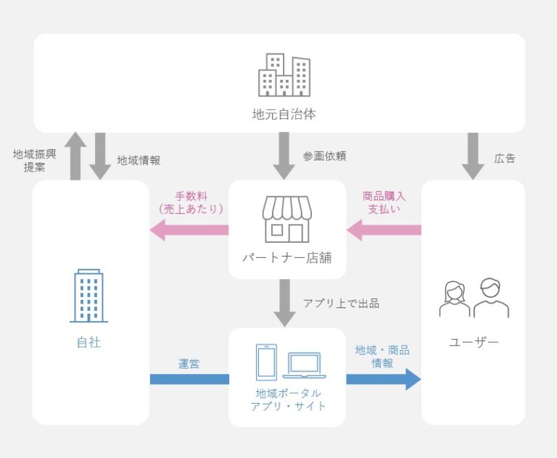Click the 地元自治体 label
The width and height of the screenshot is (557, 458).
(284, 114)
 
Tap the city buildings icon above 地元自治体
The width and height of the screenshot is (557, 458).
(284, 75)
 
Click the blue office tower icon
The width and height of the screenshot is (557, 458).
(88, 296)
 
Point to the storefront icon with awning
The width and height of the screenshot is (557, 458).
(286, 219)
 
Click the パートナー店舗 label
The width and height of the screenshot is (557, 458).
(286, 257)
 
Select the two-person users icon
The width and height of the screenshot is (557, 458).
(474, 298)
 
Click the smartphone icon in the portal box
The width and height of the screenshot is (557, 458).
(266, 360)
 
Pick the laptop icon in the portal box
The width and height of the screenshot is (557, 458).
(305, 365)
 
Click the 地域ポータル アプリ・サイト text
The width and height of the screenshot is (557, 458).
(287, 400)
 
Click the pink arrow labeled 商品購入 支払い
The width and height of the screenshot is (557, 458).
(384, 231)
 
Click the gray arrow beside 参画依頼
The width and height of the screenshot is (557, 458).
(284, 155)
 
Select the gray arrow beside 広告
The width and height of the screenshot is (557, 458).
(473, 155)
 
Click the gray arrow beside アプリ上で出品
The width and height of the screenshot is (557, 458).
(284, 302)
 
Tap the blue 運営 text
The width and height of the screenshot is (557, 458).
(189, 364)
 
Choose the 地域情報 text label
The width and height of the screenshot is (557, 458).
(139, 160)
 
